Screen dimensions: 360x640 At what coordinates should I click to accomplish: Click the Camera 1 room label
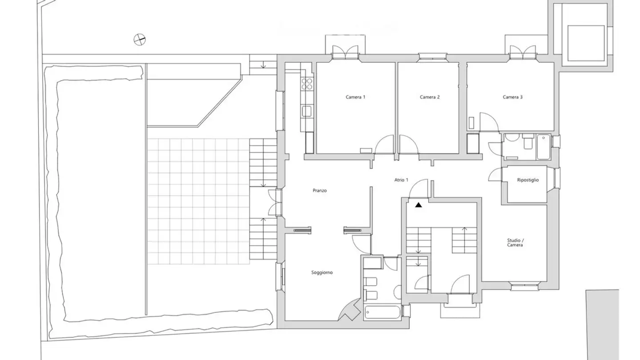(356, 97)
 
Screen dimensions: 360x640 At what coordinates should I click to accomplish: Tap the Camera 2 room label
(430, 97)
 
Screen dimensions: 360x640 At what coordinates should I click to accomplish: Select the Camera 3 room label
(512, 97)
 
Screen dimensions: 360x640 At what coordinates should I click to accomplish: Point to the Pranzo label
(320, 191)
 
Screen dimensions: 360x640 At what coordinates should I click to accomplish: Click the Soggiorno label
(322, 272)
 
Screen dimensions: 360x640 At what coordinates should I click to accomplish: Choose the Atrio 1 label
(401, 180)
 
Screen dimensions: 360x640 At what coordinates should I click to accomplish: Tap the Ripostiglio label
(528, 180)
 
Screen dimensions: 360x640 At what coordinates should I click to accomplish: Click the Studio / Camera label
(515, 243)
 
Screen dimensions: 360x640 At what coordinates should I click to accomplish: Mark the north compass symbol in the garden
(140, 40)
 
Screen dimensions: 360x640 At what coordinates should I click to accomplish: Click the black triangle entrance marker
(418, 205)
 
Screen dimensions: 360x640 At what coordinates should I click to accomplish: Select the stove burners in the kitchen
(307, 84)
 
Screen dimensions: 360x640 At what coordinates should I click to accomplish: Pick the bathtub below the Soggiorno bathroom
(383, 312)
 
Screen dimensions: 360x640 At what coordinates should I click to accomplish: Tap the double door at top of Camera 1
(345, 52)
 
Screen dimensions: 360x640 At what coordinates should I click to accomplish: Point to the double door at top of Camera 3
(523, 52)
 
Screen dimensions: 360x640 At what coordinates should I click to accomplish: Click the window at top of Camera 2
(432, 56)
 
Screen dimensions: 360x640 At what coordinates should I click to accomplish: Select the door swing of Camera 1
(385, 145)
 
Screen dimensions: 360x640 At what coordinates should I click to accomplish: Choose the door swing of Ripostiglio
(495, 175)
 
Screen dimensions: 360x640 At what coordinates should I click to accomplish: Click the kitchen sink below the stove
(307, 111)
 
